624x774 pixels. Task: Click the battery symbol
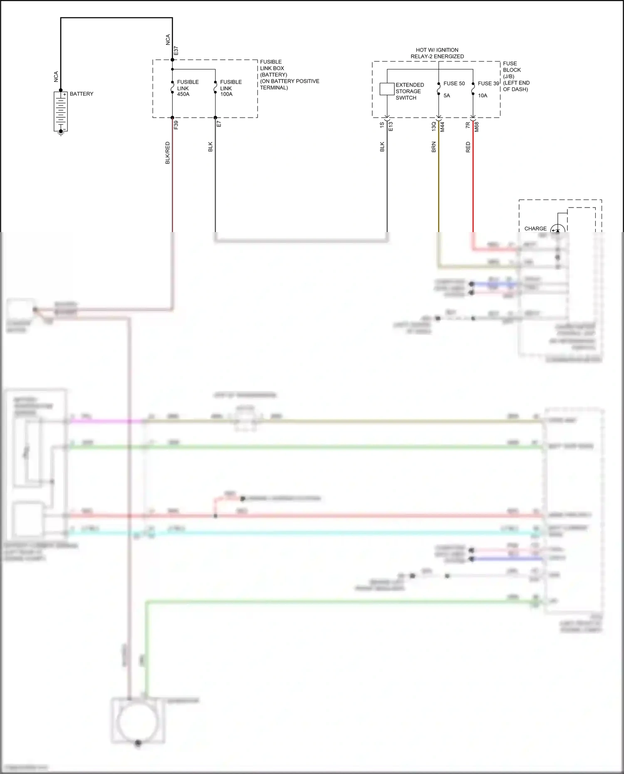tap(61, 111)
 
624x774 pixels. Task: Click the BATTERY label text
tap(82, 94)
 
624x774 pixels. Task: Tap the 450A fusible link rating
tap(183, 94)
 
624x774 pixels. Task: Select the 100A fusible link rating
tap(226, 94)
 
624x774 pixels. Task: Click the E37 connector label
tap(176, 51)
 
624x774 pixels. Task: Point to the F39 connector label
tap(176, 125)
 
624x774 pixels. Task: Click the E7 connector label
tap(219, 124)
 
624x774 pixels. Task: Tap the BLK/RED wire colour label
tap(168, 153)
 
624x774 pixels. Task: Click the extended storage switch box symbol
tap(387, 89)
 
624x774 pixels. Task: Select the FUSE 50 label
tap(454, 84)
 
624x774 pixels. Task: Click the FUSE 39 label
tap(488, 84)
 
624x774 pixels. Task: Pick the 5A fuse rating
tap(447, 96)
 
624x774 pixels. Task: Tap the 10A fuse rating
tap(483, 96)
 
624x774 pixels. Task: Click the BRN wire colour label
tap(434, 147)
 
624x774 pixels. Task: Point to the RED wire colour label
tap(468, 147)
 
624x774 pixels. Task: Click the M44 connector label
tap(442, 127)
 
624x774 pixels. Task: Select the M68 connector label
tap(477, 127)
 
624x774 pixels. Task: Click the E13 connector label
tap(391, 126)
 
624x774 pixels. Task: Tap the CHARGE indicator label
tap(535, 229)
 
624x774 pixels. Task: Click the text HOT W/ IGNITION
tap(437, 50)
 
